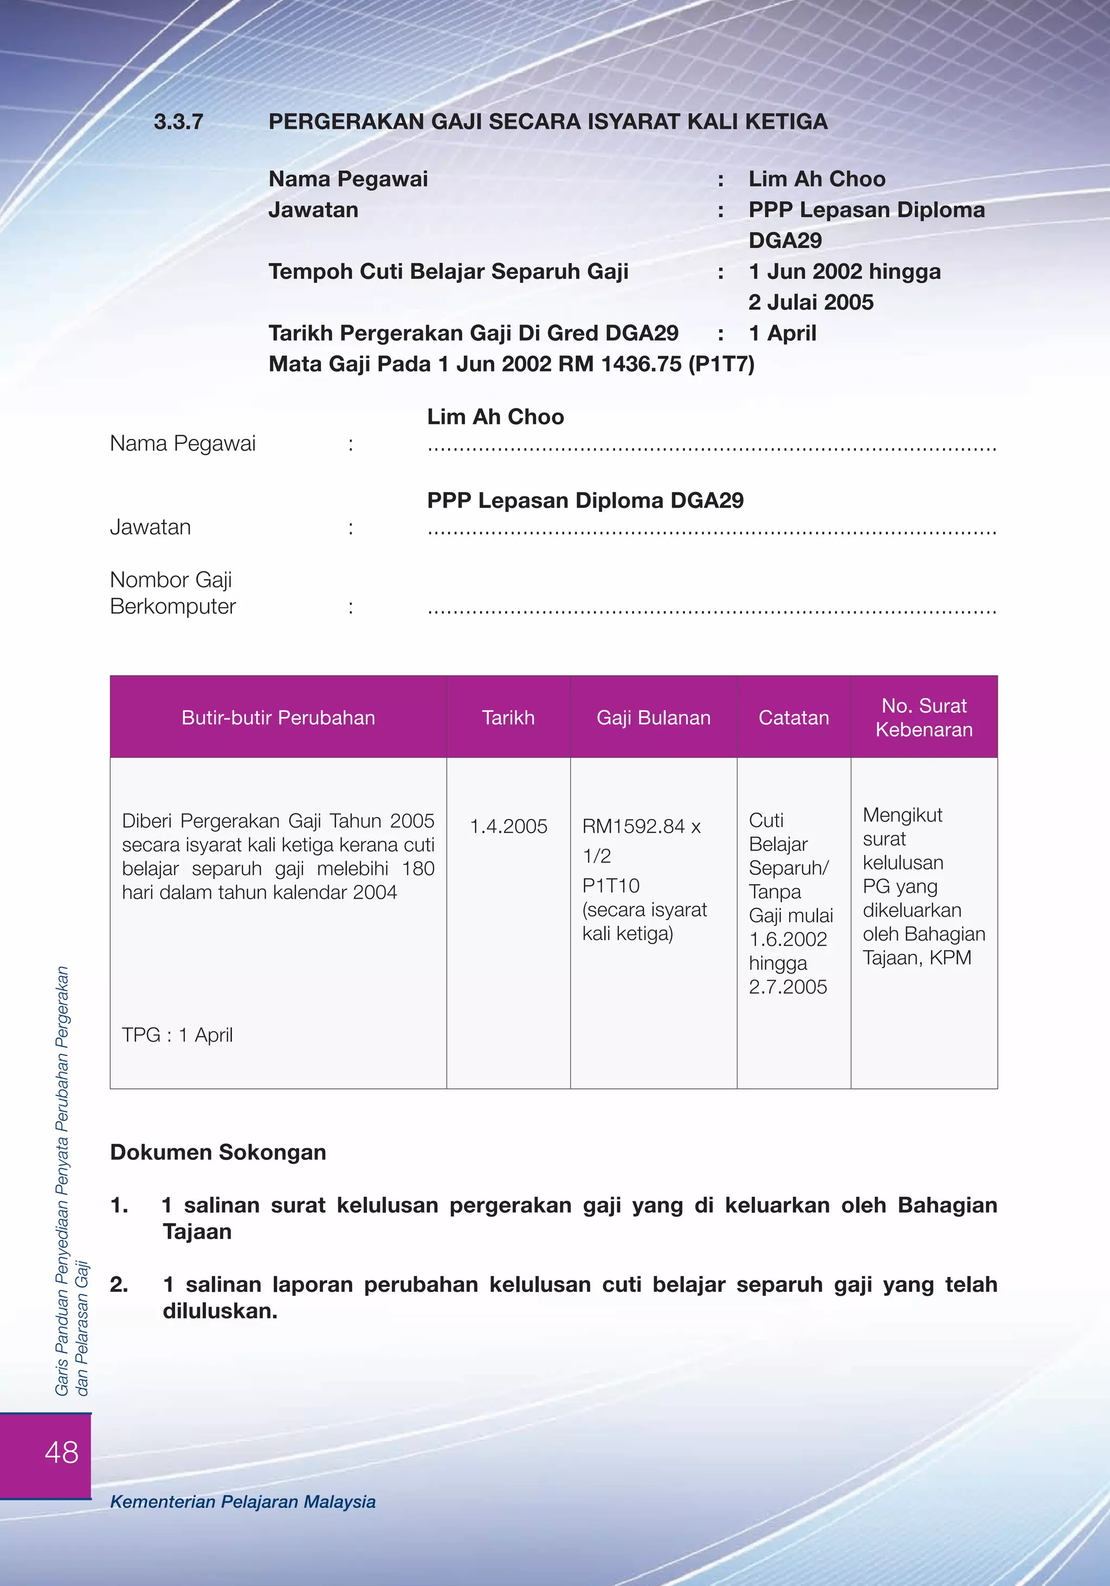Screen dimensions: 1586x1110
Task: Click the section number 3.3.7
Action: point(178,123)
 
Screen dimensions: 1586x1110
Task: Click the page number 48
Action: point(61,1452)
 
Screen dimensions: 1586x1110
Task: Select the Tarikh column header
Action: point(508,718)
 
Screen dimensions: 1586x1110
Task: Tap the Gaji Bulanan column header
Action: point(654,718)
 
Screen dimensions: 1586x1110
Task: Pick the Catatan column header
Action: point(793,718)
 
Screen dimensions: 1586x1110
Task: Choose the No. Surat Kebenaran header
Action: point(924,718)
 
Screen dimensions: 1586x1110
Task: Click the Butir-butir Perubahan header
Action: point(279,718)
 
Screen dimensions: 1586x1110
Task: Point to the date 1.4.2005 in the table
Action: point(508,826)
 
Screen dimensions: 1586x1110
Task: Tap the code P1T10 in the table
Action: point(611,886)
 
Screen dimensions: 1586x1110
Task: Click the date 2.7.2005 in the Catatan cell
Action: point(788,987)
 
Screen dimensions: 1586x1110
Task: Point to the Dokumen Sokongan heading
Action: point(218,1152)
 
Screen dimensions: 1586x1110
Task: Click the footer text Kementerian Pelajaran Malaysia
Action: point(243,1502)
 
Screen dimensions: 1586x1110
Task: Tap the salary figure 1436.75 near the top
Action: point(641,364)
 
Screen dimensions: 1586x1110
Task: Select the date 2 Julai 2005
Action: point(811,302)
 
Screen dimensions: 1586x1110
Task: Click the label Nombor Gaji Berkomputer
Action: point(173,592)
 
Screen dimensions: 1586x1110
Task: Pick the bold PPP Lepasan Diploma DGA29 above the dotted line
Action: point(585,500)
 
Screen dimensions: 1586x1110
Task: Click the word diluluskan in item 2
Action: point(220,1311)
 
